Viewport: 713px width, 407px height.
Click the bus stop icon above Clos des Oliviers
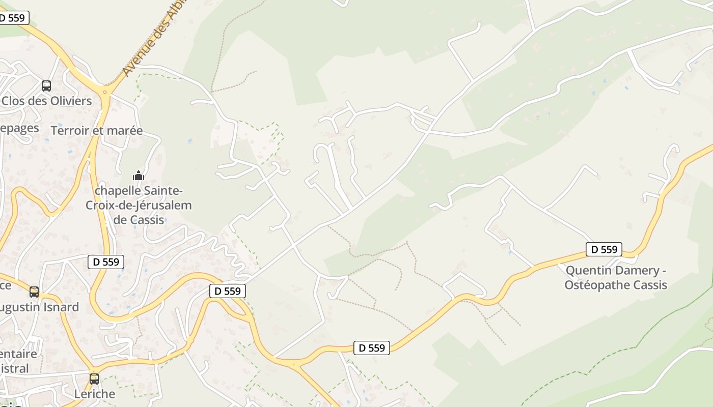pos(46,86)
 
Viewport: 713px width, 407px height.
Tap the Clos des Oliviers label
pos(47,101)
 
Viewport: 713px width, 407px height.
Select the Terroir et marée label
pos(97,131)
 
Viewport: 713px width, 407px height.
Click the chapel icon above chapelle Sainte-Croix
pos(138,176)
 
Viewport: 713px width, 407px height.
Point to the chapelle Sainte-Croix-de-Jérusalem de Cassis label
pos(139,206)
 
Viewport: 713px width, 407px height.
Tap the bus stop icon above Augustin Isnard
pos(34,292)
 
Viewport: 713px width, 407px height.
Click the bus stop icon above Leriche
pos(94,379)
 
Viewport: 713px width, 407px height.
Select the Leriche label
pos(95,394)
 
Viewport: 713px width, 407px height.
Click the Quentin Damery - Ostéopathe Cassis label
pos(616,277)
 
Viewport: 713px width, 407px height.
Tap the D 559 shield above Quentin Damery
pos(604,249)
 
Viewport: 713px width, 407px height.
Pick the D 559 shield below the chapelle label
pos(106,262)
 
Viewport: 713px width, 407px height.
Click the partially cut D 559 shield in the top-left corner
pos(14,18)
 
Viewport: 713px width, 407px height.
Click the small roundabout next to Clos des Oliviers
pos(105,92)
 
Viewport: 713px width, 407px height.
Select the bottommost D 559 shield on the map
pos(372,348)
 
